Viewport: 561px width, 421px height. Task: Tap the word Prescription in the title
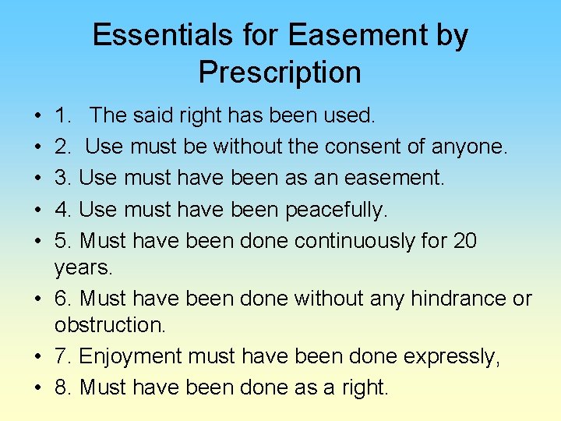(x=280, y=73)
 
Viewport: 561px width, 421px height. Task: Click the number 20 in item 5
(x=464, y=240)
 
